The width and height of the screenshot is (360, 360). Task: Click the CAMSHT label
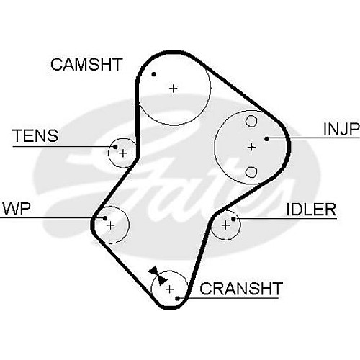pos(86,64)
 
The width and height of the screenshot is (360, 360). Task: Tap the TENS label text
pos(35,135)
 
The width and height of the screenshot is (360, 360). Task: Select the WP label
pos(17,208)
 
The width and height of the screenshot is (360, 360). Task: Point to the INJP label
pos(341,129)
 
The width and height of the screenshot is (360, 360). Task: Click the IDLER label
pos(311,210)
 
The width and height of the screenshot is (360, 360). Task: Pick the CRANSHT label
pos(241,288)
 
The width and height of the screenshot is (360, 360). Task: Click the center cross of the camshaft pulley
pos(173,89)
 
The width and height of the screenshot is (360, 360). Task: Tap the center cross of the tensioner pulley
pos(123,153)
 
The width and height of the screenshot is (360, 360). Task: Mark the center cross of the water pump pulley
pos(111,225)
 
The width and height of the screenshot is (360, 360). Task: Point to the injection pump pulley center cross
pos(251,147)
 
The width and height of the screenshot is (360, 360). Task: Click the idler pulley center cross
pos(225,225)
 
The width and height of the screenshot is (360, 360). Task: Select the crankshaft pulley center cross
pos(169,289)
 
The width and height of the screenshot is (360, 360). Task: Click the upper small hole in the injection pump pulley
pos(251,121)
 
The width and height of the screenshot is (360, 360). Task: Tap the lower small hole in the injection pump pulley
pos(251,172)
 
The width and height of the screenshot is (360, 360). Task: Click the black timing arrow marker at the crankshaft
pos(157,275)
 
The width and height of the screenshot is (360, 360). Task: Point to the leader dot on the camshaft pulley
pos(154,74)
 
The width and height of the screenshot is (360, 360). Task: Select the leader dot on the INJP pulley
pos(266,138)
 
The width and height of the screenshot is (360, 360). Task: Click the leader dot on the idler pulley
pos(233,219)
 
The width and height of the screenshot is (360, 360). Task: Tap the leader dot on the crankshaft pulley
pos(177,298)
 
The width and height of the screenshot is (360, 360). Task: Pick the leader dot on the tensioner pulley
pos(115,147)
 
